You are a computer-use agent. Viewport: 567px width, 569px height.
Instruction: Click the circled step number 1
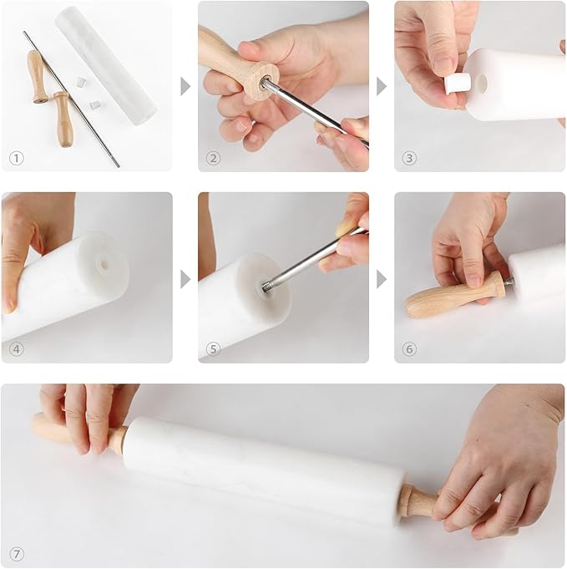(x=17, y=157)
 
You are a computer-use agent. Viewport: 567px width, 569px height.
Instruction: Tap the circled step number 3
(x=409, y=157)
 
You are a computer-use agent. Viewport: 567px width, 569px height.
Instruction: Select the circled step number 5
(x=213, y=348)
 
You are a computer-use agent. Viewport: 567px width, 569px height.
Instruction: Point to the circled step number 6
(x=409, y=348)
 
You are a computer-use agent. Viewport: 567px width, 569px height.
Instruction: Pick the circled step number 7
(x=17, y=553)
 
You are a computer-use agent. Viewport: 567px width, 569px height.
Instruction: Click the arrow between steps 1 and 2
(x=185, y=86)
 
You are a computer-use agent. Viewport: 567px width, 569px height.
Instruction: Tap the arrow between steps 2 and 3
(x=382, y=86)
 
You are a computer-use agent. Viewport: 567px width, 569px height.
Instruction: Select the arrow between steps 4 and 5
(x=185, y=278)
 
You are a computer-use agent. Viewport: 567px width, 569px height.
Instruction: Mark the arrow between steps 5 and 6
(x=382, y=278)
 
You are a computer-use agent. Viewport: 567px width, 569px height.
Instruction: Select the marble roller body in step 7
(x=259, y=468)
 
